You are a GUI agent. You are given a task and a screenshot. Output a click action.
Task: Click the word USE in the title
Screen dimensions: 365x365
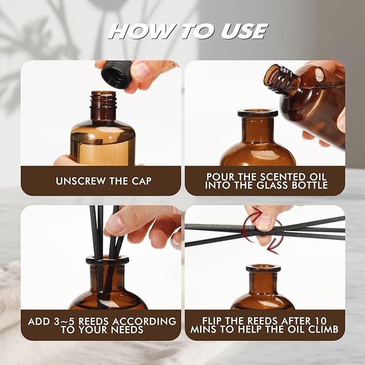(244, 31)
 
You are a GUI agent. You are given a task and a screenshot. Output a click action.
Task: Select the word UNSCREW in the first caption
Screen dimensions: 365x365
(80, 181)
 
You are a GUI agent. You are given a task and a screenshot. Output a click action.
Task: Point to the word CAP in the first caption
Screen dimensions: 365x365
(141, 181)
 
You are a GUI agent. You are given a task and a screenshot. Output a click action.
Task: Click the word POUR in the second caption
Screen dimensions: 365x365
(220, 177)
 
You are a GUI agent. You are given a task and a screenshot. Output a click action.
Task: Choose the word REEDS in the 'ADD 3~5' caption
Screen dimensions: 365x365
(94, 321)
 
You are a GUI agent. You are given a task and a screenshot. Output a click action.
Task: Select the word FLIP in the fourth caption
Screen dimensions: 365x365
(212, 321)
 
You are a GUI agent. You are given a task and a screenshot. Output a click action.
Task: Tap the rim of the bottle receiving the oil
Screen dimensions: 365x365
(257, 113)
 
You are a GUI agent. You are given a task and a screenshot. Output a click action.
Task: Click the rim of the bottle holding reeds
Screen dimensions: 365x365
(108, 260)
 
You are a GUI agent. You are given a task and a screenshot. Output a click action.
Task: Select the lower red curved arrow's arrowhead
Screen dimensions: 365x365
(273, 249)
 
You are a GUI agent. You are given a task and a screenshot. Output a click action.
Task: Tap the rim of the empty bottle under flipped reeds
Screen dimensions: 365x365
(263, 268)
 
